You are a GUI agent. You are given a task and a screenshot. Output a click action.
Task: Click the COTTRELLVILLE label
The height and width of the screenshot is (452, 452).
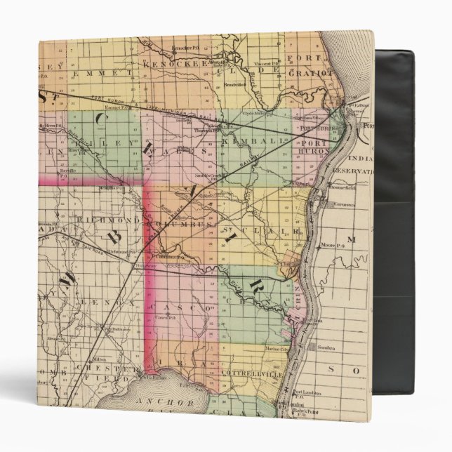(247, 375)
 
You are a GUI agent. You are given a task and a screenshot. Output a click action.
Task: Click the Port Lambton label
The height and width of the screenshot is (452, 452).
(310, 393)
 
